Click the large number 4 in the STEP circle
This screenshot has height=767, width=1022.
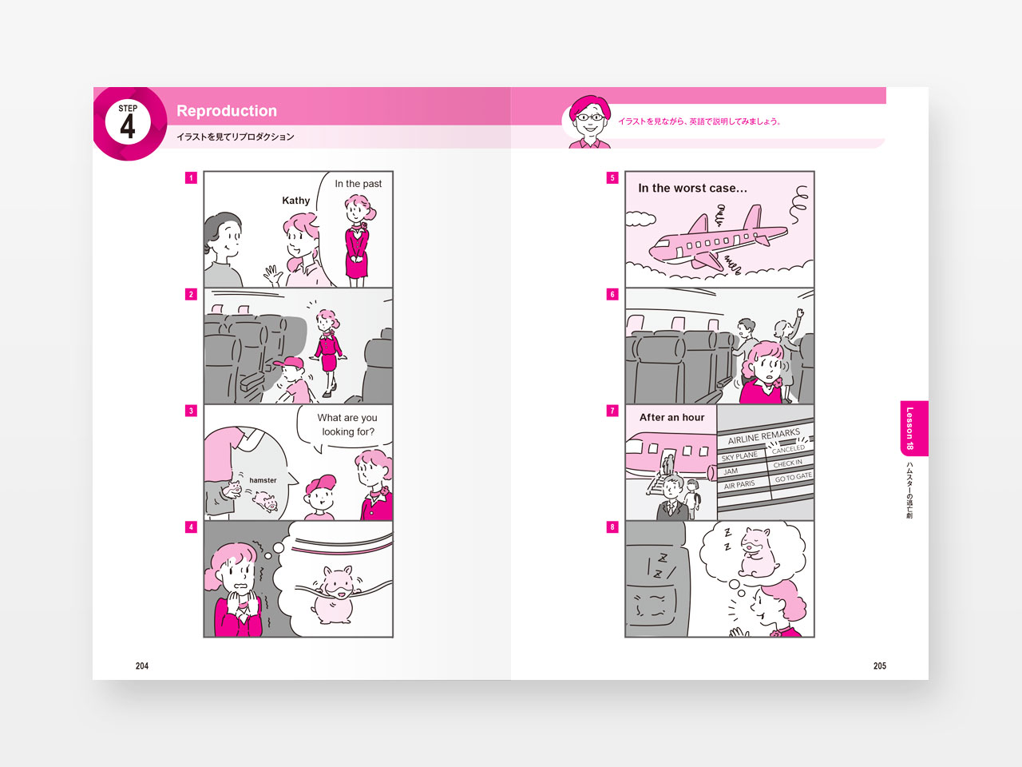coord(128,127)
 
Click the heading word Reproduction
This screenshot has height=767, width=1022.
coord(227,111)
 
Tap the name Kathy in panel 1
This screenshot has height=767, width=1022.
coord(295,201)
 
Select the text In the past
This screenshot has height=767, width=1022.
coord(358,184)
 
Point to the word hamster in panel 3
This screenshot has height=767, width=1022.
coord(263,480)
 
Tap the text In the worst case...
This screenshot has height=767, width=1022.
coord(692,188)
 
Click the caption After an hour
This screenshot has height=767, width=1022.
coord(671,417)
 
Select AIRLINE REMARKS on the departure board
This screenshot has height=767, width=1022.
coord(764,436)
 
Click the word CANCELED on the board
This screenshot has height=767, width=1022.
coord(788,449)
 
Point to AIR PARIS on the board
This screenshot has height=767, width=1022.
coord(739,485)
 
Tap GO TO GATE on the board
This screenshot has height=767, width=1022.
coord(794,476)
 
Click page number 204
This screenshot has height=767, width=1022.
coord(142,666)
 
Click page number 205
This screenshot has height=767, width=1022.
coord(880,666)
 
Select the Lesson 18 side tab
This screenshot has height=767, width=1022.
coord(913,428)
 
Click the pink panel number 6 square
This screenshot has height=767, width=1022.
coord(612,294)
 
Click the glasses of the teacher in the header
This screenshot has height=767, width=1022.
coord(590,117)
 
